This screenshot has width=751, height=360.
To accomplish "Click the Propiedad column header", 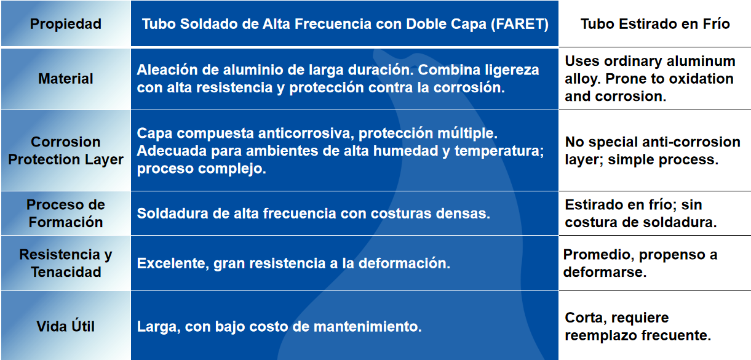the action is pos(66,24).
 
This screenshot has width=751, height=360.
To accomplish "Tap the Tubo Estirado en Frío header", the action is pos(655,24).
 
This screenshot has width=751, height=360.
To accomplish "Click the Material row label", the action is pos(66,79).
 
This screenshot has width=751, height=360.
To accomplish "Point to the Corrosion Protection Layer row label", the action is pos(66,151).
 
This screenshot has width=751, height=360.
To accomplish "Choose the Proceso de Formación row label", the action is pos(66,214).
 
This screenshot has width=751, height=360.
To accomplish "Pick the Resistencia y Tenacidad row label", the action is pos(66,263).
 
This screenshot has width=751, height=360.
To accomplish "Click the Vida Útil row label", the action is pos(66,326).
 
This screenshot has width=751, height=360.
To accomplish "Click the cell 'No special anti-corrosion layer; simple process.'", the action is pos(653,151).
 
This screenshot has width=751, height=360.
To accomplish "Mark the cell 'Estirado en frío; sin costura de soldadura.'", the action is pos(641,214).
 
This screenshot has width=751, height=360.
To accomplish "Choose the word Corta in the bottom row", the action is pos(586,318).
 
